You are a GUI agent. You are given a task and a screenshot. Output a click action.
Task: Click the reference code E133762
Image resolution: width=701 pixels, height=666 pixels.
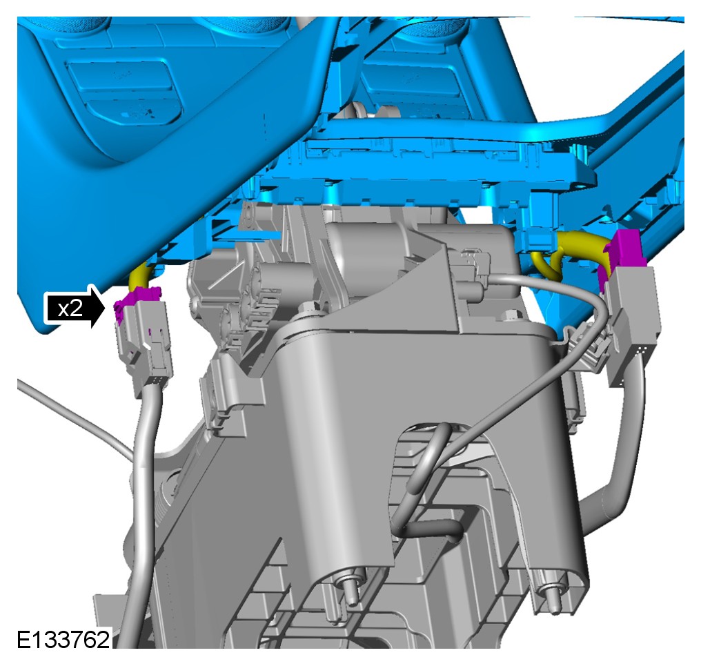(63, 639)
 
